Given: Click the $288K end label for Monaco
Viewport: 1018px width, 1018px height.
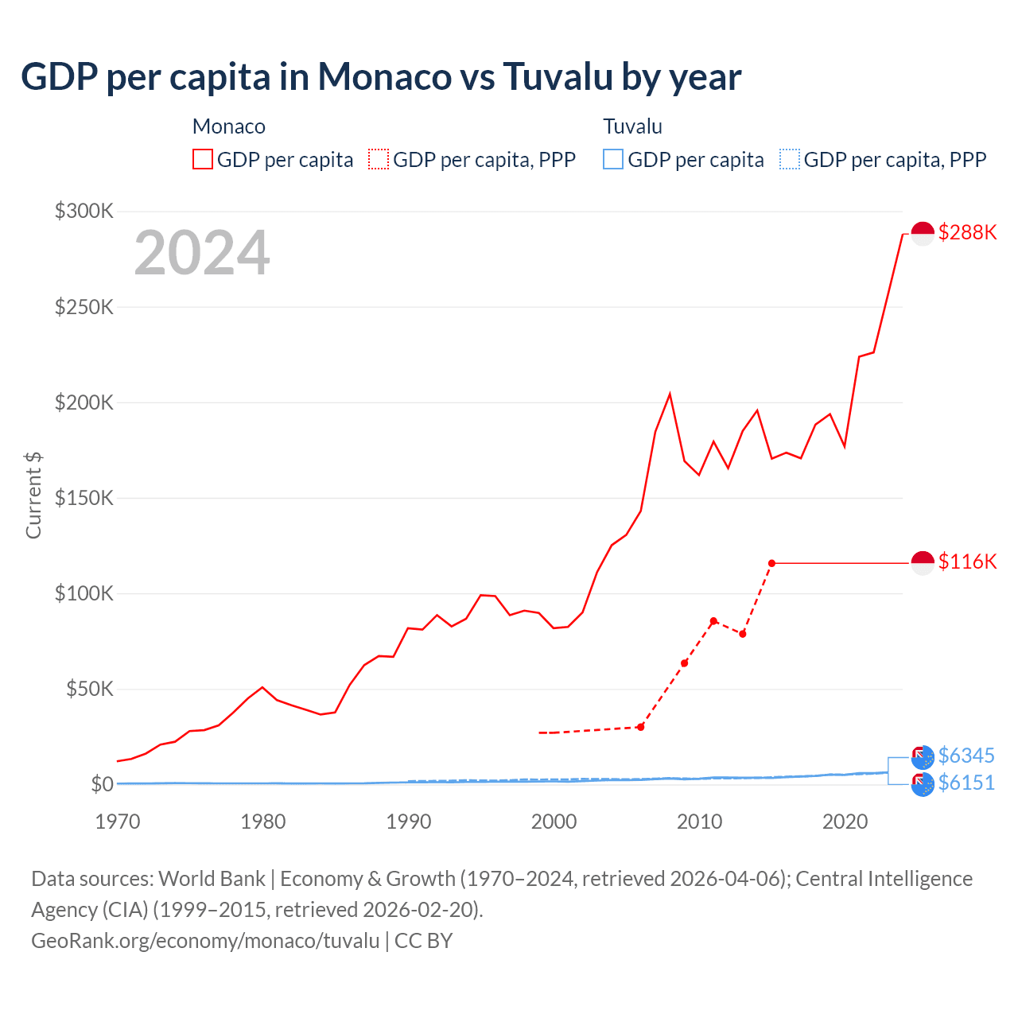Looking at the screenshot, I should click(967, 232).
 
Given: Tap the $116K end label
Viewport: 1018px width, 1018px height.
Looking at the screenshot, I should click(967, 561).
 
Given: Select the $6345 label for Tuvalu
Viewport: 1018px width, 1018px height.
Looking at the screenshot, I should click(966, 756).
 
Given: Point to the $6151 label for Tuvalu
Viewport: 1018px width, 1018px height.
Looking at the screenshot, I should click(966, 783).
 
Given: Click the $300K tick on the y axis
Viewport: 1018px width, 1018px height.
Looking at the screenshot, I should click(84, 211).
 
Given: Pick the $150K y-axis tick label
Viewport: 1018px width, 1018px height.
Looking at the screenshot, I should click(84, 498).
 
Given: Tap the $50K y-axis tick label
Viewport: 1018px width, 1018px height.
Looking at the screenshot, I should click(90, 689).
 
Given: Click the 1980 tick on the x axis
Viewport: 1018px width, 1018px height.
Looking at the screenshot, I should click(262, 822).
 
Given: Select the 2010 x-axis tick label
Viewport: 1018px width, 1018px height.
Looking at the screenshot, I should click(699, 822).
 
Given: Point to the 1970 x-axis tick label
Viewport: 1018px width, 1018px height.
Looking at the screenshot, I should click(118, 822).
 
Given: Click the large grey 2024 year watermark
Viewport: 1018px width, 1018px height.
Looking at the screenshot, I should click(202, 253).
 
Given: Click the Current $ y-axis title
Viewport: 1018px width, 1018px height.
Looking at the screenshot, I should click(33, 495).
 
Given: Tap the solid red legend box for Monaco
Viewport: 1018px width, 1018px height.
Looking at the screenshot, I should click(203, 159).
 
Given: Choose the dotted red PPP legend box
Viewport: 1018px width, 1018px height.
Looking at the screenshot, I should click(379, 159).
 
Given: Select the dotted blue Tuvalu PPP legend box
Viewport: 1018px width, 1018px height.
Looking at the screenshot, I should click(790, 159).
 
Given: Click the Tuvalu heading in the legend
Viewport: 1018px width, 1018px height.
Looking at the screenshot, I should click(632, 126).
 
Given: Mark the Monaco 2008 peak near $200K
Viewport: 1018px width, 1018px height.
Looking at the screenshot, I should click(670, 394).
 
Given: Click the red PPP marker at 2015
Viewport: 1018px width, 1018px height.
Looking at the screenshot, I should click(771, 563).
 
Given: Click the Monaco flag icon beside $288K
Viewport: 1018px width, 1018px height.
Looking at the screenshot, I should click(923, 233).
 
